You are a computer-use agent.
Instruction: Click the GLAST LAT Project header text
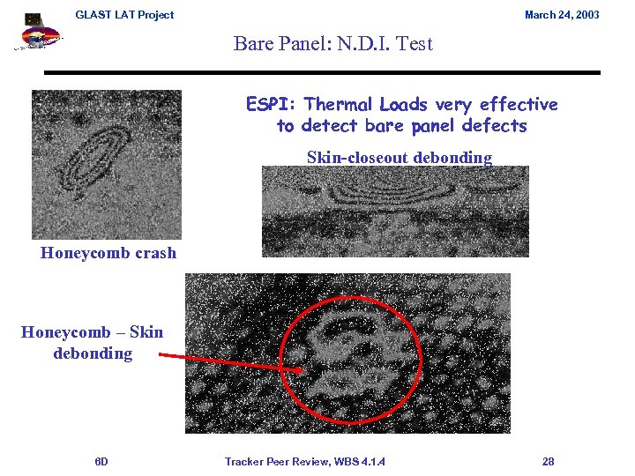124,15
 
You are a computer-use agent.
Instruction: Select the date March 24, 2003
562,15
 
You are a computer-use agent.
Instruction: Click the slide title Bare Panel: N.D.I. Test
332,43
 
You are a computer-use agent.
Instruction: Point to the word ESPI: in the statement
272,105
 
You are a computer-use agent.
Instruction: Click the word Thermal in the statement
340,105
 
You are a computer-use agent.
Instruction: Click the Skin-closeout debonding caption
399,158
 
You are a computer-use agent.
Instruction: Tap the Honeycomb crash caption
108,253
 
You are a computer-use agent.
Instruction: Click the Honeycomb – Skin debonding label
93,343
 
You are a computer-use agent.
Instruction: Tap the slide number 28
548,461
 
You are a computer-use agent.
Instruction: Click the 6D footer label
101,461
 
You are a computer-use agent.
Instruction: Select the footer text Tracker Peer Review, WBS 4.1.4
304,461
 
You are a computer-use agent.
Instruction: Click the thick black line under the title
322,72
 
